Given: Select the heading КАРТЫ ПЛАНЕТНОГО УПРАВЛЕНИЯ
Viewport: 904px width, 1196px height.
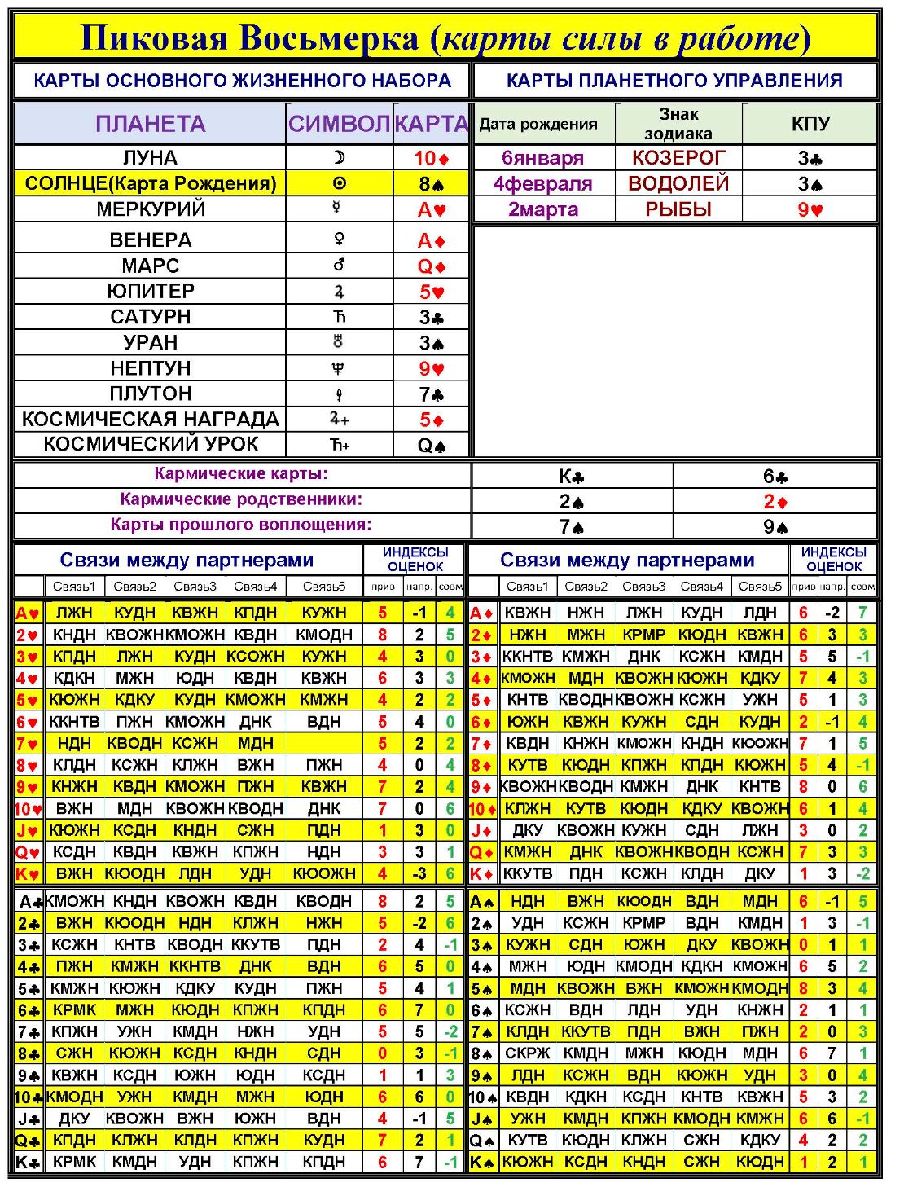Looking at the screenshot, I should point(674,81).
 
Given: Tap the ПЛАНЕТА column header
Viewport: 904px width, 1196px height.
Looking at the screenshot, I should point(150,124).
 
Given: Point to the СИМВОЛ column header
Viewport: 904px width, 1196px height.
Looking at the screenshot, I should point(339,124).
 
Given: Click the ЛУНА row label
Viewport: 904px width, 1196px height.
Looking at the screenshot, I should point(150,157).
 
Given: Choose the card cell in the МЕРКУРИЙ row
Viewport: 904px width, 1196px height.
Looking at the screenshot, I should point(432,209).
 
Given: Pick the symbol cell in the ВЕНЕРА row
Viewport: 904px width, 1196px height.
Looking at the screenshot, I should point(339,240).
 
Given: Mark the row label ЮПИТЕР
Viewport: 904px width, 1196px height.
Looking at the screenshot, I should point(150,291).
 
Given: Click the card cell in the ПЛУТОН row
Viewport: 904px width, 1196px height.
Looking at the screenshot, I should point(432,394).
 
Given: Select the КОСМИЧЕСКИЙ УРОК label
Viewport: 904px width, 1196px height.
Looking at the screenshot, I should point(150,444).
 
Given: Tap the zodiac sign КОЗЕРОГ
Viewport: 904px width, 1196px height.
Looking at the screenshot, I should point(678,157).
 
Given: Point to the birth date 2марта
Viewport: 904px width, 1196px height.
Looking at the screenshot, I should point(543,209).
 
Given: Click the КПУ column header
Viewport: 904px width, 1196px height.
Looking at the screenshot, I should point(810,124).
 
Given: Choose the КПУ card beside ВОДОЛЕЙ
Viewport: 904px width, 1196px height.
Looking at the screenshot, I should point(810,183).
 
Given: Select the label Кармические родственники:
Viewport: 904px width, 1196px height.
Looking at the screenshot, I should point(241,499).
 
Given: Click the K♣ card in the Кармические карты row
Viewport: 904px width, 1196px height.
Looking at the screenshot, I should point(572,476).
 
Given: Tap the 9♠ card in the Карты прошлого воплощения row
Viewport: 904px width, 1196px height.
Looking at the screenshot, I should point(775,527).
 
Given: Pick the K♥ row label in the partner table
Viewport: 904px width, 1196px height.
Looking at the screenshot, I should point(28,874).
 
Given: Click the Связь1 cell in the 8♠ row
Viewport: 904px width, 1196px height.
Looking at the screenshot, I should point(527,1053).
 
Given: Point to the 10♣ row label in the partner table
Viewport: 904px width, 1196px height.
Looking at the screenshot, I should point(29,1097).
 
